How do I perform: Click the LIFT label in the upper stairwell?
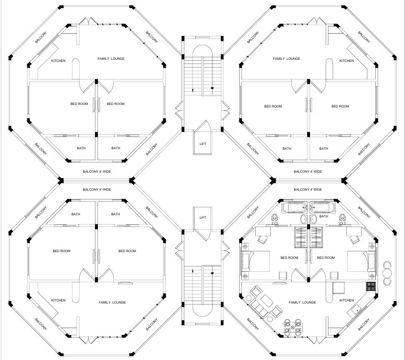coord(203,144)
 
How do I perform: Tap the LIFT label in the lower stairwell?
coord(203,217)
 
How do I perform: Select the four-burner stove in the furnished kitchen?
coord(371,286)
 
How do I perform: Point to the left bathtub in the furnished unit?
coord(295,207)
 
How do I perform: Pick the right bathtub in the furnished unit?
coord(322,207)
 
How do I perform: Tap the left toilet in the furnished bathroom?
coord(275,218)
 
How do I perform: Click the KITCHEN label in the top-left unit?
coord(58,61)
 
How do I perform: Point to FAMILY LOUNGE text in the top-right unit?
coord(287,59)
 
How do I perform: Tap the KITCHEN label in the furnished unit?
coord(346,300)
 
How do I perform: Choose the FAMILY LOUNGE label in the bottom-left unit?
coord(112,302)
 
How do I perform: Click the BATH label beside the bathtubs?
coord(323,217)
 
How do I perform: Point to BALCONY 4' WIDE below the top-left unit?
coord(97,171)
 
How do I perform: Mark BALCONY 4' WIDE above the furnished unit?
coord(308,189)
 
